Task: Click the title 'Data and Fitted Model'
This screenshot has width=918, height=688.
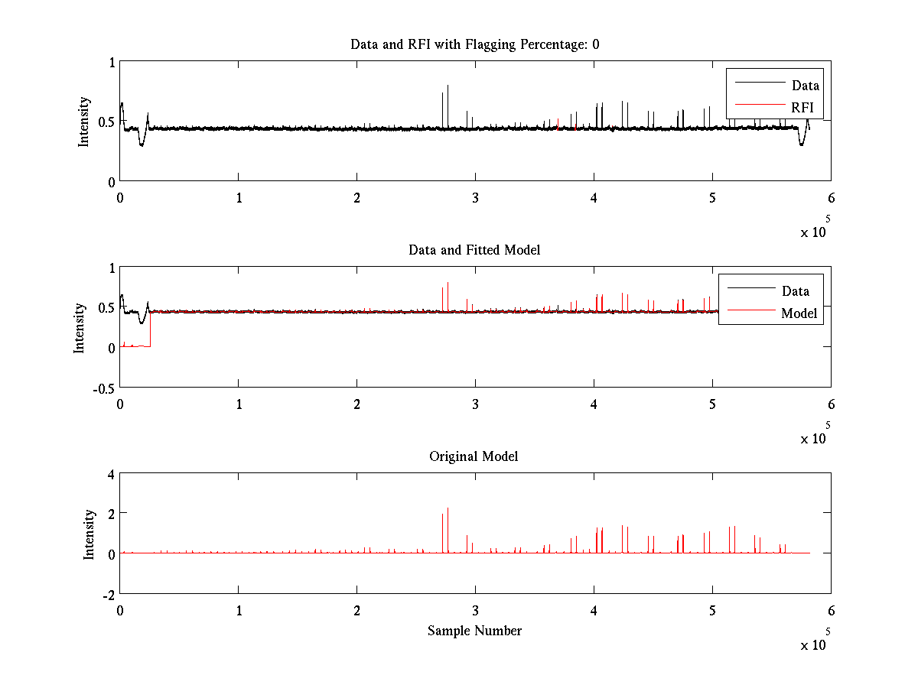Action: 474,250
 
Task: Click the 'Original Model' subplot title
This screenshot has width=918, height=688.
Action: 474,456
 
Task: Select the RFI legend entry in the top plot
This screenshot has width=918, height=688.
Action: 802,107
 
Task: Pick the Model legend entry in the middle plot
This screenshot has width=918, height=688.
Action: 799,313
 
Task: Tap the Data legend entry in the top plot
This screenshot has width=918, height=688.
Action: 805,86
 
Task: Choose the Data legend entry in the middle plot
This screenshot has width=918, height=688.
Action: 795,290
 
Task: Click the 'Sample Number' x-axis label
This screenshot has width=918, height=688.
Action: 474,631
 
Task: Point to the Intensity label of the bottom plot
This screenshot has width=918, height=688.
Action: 90,534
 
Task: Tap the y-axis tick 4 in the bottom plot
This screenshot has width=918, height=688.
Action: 111,474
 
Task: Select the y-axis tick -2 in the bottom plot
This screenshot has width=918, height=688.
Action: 108,594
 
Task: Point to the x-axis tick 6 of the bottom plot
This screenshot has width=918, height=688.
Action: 831,611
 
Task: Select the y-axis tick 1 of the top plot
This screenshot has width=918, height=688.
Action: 111,62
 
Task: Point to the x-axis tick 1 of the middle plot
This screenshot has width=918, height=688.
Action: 239,404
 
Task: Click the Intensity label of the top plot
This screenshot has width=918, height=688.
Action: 83,121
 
